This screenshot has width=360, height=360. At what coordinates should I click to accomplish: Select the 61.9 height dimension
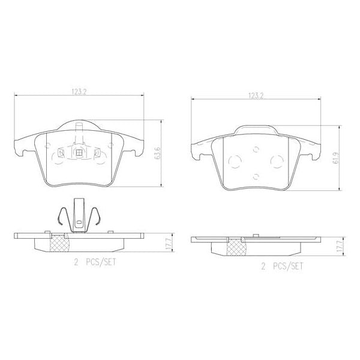point(337,159)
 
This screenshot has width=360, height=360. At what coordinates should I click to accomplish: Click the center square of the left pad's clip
point(79,152)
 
